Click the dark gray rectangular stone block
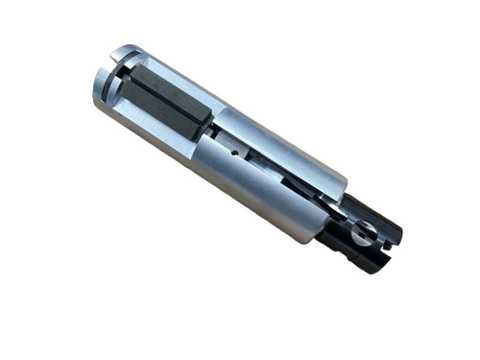pos(163,101)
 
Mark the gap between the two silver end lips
pos(109,71)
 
